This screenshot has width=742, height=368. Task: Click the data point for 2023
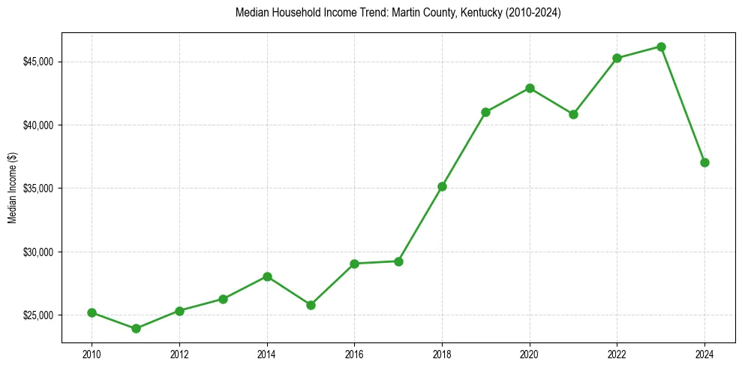(x=661, y=47)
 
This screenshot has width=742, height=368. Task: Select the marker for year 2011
(x=136, y=328)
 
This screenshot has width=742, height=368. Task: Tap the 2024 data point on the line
(x=704, y=162)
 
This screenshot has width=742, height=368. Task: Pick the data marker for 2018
(x=442, y=186)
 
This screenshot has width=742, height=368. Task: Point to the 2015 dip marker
(x=311, y=305)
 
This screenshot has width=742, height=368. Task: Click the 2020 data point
(x=530, y=88)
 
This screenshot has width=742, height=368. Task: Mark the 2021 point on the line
(x=573, y=114)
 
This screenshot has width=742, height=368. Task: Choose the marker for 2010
(x=92, y=312)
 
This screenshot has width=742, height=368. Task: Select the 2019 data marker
(x=485, y=112)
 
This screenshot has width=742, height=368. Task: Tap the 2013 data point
(x=223, y=299)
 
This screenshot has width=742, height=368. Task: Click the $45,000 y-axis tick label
(x=38, y=62)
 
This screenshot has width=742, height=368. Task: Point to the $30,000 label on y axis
(x=38, y=252)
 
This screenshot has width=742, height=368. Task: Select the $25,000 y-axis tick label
(x=38, y=315)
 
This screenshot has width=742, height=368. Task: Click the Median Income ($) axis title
(x=12, y=188)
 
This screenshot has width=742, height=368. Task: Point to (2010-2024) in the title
(x=529, y=13)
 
